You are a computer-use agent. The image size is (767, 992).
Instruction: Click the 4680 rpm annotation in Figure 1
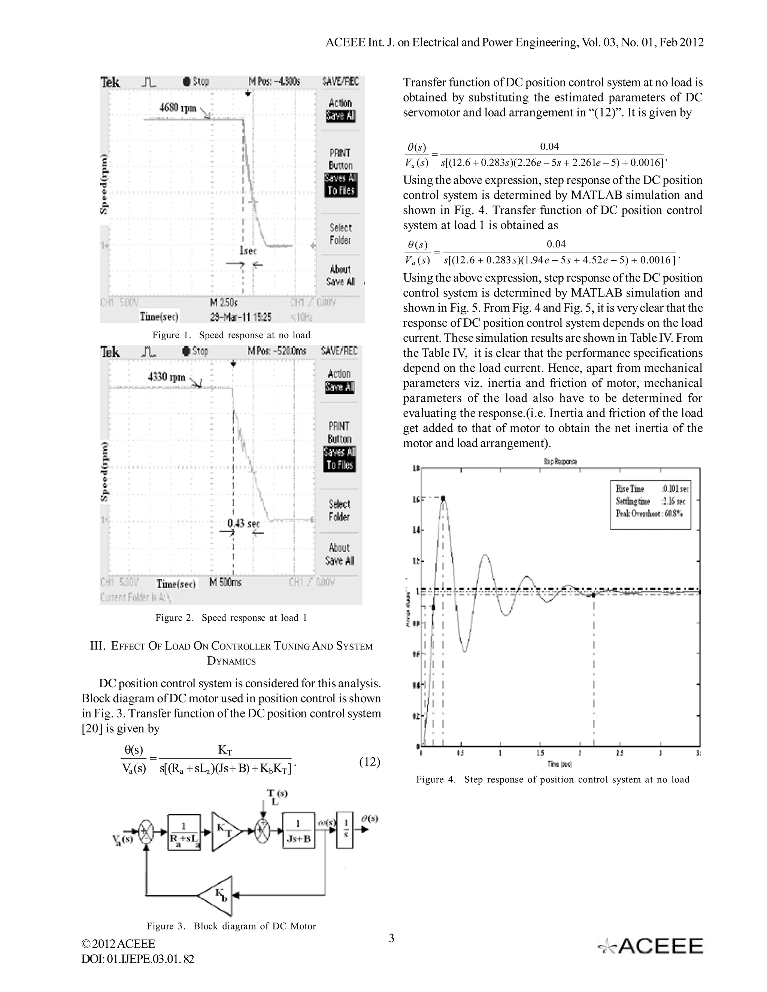(178, 108)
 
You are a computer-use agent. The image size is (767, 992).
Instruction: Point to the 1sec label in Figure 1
(248, 251)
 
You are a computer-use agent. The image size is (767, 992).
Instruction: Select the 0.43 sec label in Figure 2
(244, 523)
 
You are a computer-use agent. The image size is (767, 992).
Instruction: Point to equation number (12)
(369, 762)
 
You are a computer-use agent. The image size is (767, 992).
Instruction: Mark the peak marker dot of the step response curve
(443, 498)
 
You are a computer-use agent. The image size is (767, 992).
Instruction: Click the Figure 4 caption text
(552, 779)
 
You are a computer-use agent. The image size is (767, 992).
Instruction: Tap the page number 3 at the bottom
(391, 938)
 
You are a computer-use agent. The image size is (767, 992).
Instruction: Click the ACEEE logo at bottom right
(651, 946)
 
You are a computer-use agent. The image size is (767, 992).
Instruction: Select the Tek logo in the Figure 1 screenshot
(110, 82)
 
